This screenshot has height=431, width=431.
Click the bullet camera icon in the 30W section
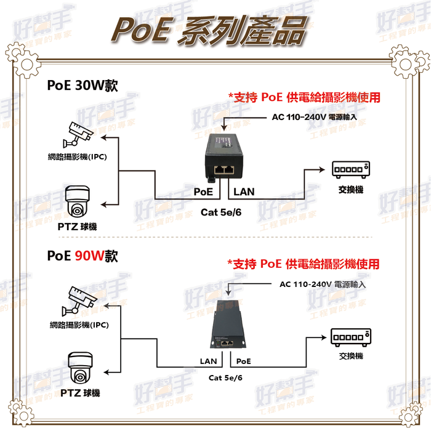pos(78,134)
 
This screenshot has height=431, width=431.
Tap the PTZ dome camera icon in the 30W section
pos(78,202)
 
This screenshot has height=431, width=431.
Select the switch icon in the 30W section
pos(351,169)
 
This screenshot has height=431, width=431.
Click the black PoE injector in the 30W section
pos(224,158)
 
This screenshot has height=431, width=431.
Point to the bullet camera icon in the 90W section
pos(79,301)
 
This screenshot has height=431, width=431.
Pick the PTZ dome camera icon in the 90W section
pos(80,368)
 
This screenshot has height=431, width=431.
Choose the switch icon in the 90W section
pos(351,337)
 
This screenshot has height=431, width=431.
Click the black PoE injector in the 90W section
pos(228,324)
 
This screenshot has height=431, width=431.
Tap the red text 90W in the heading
pos(89,256)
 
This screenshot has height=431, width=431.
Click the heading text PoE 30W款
pos(83,85)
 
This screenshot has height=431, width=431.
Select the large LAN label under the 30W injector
pos(244,191)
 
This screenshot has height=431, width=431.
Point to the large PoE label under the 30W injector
pos(203,191)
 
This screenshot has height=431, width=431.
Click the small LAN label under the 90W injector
pos(208,361)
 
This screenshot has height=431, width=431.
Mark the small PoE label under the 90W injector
pos(244,361)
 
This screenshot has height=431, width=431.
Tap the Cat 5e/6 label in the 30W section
pos(221,212)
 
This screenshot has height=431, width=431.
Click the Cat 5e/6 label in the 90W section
pos(225,377)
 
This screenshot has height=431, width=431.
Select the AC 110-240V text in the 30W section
pos(299,117)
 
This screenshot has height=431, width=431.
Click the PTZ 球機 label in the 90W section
pos(80,393)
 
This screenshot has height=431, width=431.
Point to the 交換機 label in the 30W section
pos(351,190)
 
